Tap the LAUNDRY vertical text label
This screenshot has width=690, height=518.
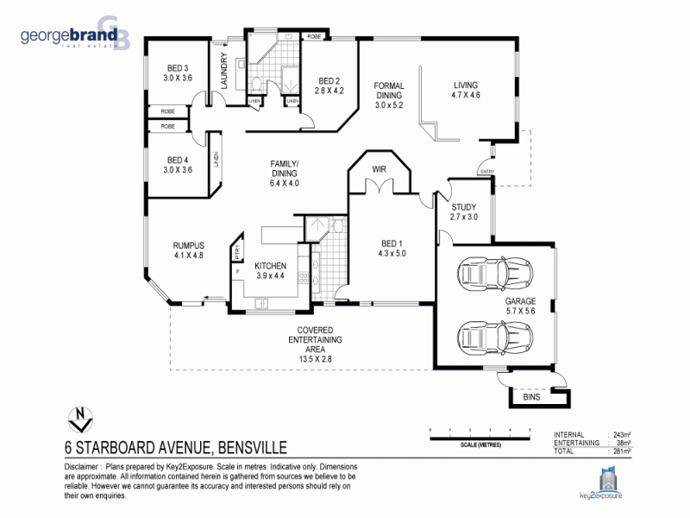coord(223,71)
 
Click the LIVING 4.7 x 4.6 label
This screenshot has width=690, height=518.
coord(465,90)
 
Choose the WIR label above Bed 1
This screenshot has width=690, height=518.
coord(378,168)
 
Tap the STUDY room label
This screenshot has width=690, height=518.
coord(463,212)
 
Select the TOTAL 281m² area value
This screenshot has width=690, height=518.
coord(620,451)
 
